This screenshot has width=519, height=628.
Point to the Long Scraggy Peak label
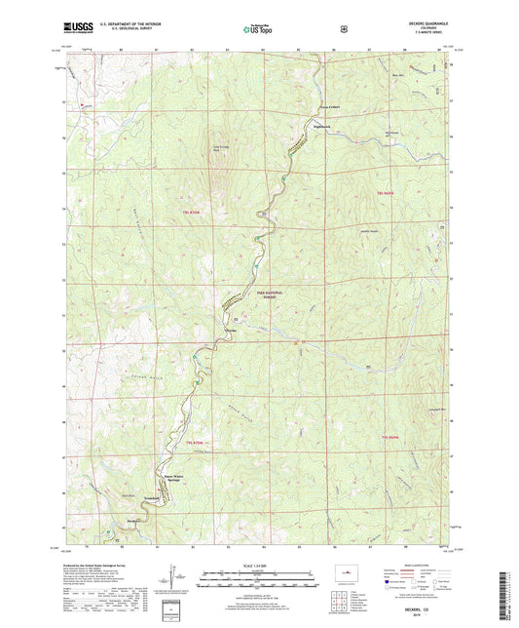[222, 148]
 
